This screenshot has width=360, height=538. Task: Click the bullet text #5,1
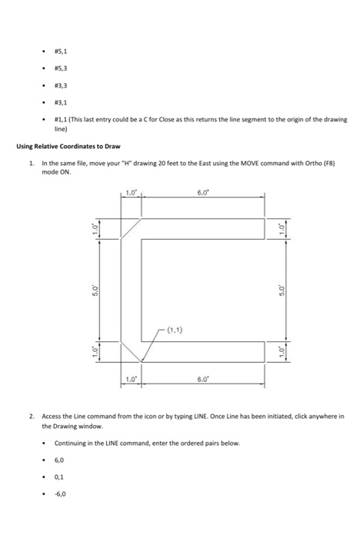tap(60, 53)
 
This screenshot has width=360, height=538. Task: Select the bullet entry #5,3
tap(60, 70)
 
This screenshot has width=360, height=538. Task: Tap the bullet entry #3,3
tap(60, 87)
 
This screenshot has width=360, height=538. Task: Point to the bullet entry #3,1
tap(60, 103)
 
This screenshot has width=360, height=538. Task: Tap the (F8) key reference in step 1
tap(328, 164)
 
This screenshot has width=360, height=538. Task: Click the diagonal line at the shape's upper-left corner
tap(132, 229)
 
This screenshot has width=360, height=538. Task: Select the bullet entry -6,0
tap(60, 495)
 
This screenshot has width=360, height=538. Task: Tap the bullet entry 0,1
tap(58, 477)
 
